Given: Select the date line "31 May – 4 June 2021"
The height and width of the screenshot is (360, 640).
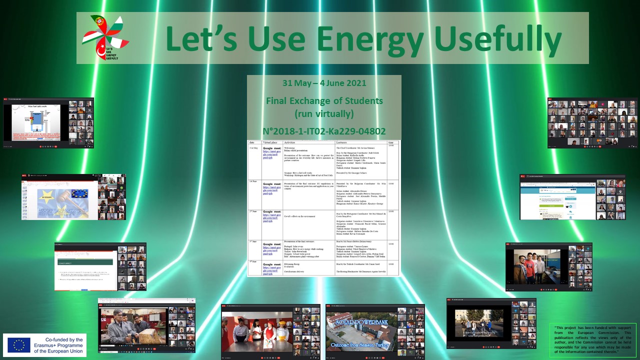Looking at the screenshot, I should tap(324, 83).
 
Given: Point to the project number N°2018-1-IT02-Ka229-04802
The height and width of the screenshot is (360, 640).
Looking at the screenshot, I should tap(324, 131).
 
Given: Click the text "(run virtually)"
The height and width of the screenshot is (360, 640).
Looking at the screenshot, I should tap(324, 114).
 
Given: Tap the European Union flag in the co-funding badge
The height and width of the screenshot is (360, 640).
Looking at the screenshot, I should tap(19, 345).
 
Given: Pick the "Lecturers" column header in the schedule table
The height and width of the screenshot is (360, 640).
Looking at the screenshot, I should tap(345, 142).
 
